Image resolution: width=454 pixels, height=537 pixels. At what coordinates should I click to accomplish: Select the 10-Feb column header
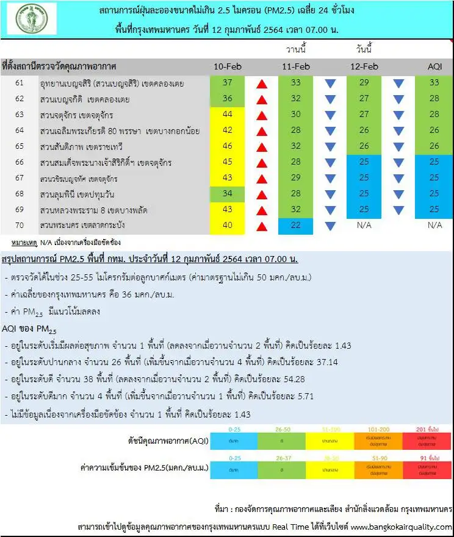pyautogui.click(x=227, y=66)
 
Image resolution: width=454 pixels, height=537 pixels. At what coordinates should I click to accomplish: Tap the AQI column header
pyautogui.click(x=435, y=66)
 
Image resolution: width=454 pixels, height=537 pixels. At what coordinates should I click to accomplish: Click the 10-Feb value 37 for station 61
pyautogui.click(x=227, y=83)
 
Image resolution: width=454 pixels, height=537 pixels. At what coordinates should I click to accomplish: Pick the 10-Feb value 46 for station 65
pyautogui.click(x=227, y=146)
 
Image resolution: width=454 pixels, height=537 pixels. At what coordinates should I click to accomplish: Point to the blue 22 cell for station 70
pyautogui.click(x=295, y=226)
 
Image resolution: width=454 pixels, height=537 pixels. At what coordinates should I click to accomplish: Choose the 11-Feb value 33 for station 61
pyautogui.click(x=295, y=83)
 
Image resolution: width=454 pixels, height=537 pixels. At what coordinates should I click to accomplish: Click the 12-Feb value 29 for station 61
pyautogui.click(x=364, y=83)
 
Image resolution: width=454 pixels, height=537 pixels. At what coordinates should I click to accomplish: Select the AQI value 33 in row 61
pyautogui.click(x=435, y=83)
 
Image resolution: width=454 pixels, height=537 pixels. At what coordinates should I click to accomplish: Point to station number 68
pyautogui.click(x=20, y=194)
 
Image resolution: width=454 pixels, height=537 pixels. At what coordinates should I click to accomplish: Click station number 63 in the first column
pyautogui.click(x=20, y=115)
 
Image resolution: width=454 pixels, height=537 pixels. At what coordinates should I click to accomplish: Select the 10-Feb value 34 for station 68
pyautogui.click(x=227, y=194)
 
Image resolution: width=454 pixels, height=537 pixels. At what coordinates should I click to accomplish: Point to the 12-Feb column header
pyautogui.click(x=364, y=66)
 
